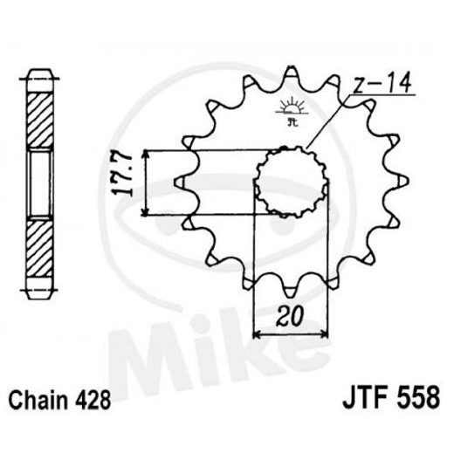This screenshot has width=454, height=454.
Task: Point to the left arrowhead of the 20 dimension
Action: click(x=256, y=334)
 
